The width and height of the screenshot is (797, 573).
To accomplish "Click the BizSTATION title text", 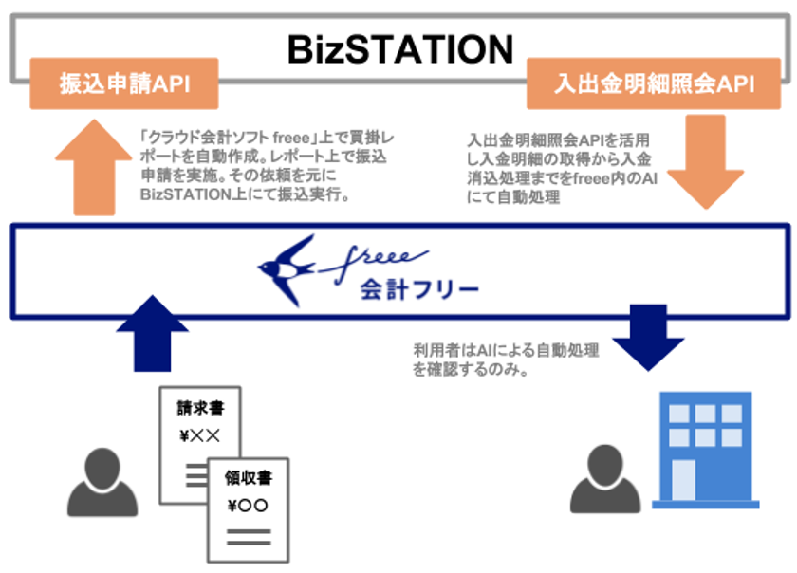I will click(399, 46).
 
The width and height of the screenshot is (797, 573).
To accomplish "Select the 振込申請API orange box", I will click(124, 83).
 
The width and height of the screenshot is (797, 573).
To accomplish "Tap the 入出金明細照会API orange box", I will click(654, 83).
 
